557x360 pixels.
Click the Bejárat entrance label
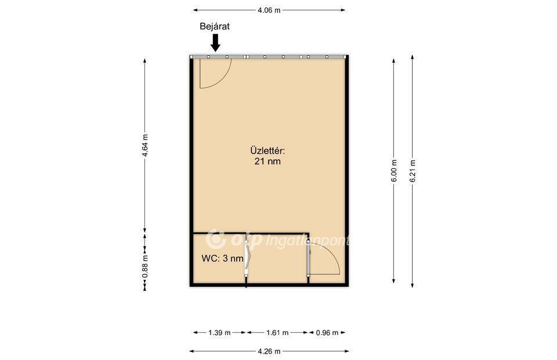coord(215,26)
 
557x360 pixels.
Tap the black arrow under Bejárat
coord(215,42)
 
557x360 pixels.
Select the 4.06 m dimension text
coord(269,10)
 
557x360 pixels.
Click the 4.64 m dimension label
coord(144,145)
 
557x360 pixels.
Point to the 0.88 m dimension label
coord(145,267)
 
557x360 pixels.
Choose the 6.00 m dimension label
coord(394,171)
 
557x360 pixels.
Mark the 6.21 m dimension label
coord(413,171)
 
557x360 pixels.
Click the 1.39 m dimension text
coord(219,333)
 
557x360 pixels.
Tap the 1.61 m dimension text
coord(277,333)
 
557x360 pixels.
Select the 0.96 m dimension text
coord(327,333)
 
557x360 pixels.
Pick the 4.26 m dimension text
coord(269,351)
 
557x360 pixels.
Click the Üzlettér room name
coord(267,150)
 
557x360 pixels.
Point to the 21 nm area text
coord(267,161)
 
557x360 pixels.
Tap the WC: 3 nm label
coord(222,258)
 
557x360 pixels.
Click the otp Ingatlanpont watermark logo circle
coord(216,239)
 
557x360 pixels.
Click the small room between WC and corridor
coord(277,258)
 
